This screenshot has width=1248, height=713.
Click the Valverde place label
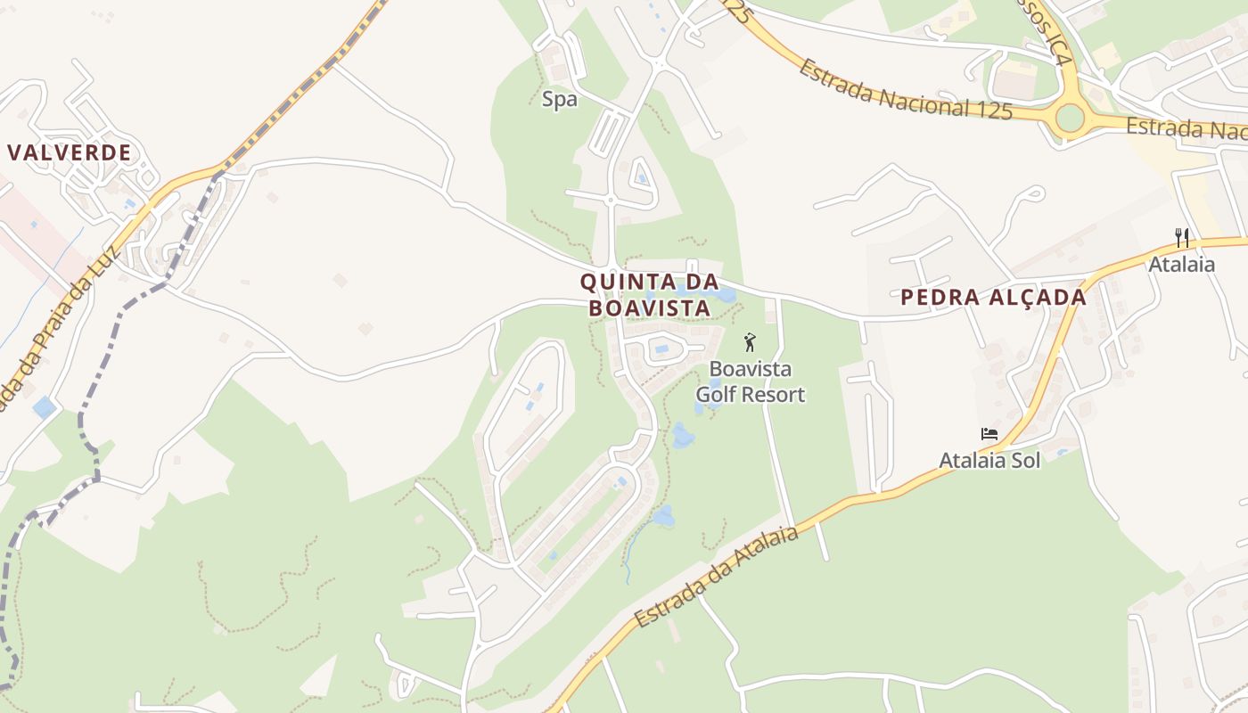point(70,152)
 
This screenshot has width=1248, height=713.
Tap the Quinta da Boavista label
point(649,295)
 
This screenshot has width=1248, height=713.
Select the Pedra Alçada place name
point(993,298)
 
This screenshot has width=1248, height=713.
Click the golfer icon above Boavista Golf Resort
point(750,342)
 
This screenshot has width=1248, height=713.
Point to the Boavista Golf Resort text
point(750,381)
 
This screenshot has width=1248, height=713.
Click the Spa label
point(560,100)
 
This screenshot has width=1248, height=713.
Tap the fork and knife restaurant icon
point(1182,238)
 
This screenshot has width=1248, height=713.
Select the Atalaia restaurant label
point(1181,265)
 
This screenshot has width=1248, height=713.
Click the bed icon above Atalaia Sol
point(989,435)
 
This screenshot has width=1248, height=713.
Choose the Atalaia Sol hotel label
point(989,461)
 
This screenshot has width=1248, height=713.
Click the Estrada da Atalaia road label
point(717,577)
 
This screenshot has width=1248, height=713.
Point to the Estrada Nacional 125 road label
point(905,89)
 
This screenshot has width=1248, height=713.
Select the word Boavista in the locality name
point(649,308)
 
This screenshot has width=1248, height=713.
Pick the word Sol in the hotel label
point(1025,461)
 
